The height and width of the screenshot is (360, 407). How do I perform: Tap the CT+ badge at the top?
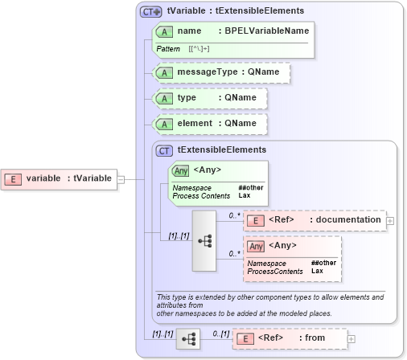tap(150, 12)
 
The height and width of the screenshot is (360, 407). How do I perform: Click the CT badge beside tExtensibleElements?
tap(164, 150)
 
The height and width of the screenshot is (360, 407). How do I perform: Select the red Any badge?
tap(257, 246)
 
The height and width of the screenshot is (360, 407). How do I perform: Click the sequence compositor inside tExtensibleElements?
tap(204, 239)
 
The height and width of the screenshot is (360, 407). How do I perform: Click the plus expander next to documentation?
tap(390, 220)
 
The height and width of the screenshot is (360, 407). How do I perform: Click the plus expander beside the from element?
tap(351, 339)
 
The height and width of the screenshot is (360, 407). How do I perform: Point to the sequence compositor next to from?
tap(188, 339)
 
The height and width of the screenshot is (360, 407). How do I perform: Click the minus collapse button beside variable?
tap(121, 178)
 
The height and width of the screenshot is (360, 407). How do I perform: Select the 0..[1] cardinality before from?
tap(220, 332)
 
